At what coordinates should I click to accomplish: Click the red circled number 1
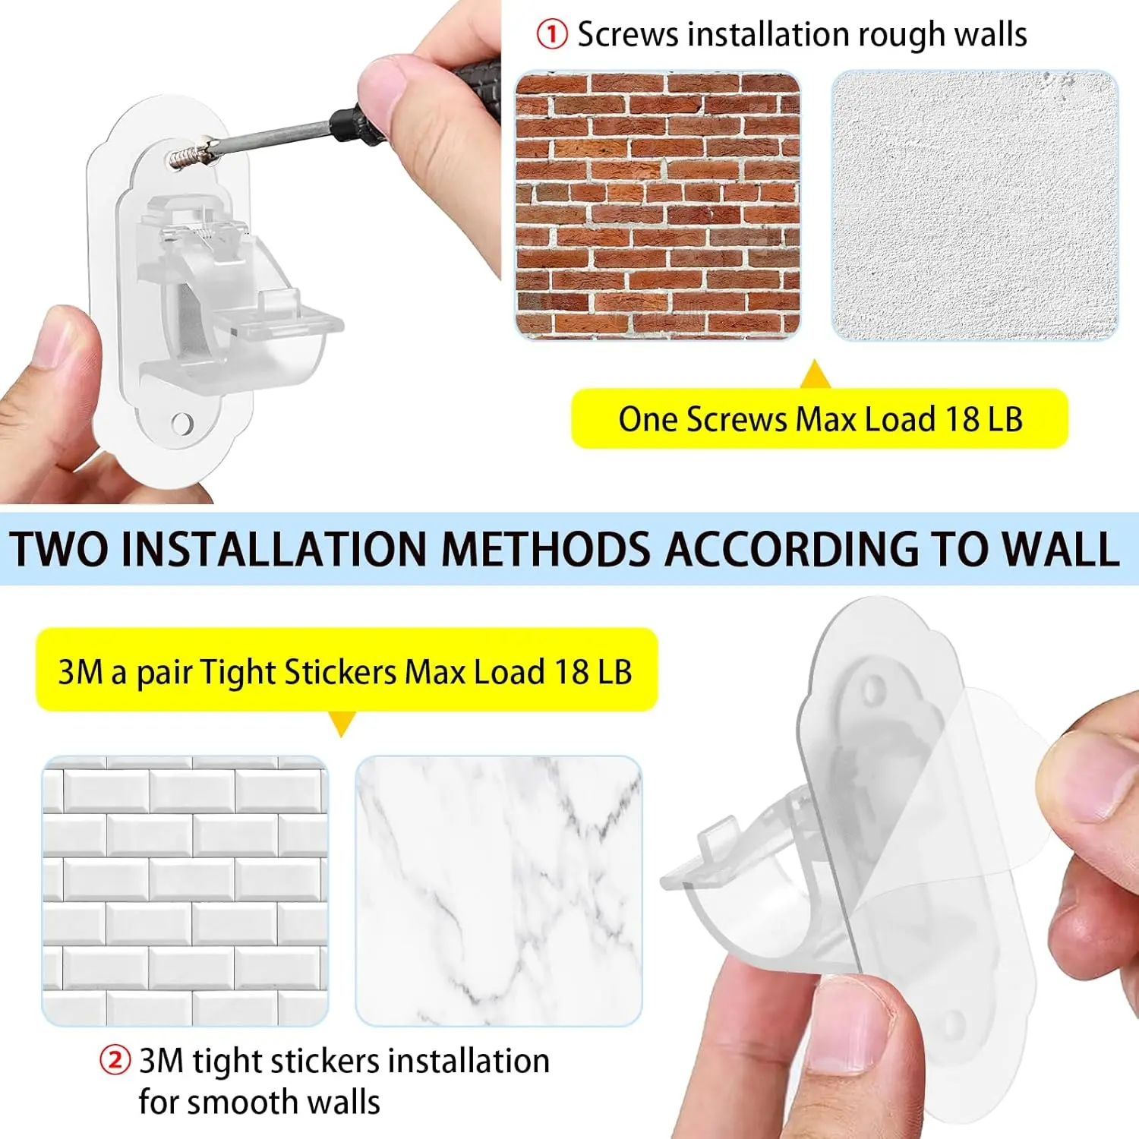click(551, 34)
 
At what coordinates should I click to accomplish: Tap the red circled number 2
click(115, 1060)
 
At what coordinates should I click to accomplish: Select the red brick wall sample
click(658, 205)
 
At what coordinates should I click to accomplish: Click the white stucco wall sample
click(975, 205)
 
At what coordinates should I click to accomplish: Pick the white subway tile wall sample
click(185, 891)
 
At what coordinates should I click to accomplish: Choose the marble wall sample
click(499, 891)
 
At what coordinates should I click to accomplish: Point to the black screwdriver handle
click(425, 106)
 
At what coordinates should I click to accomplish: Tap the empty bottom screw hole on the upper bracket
click(182, 423)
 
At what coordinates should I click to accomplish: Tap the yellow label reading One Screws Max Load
click(819, 418)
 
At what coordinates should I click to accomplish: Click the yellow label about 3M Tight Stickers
click(346, 670)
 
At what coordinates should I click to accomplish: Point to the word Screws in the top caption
click(628, 35)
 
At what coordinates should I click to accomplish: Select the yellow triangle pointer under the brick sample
click(816, 374)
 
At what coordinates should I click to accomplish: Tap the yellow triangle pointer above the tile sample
click(342, 724)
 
